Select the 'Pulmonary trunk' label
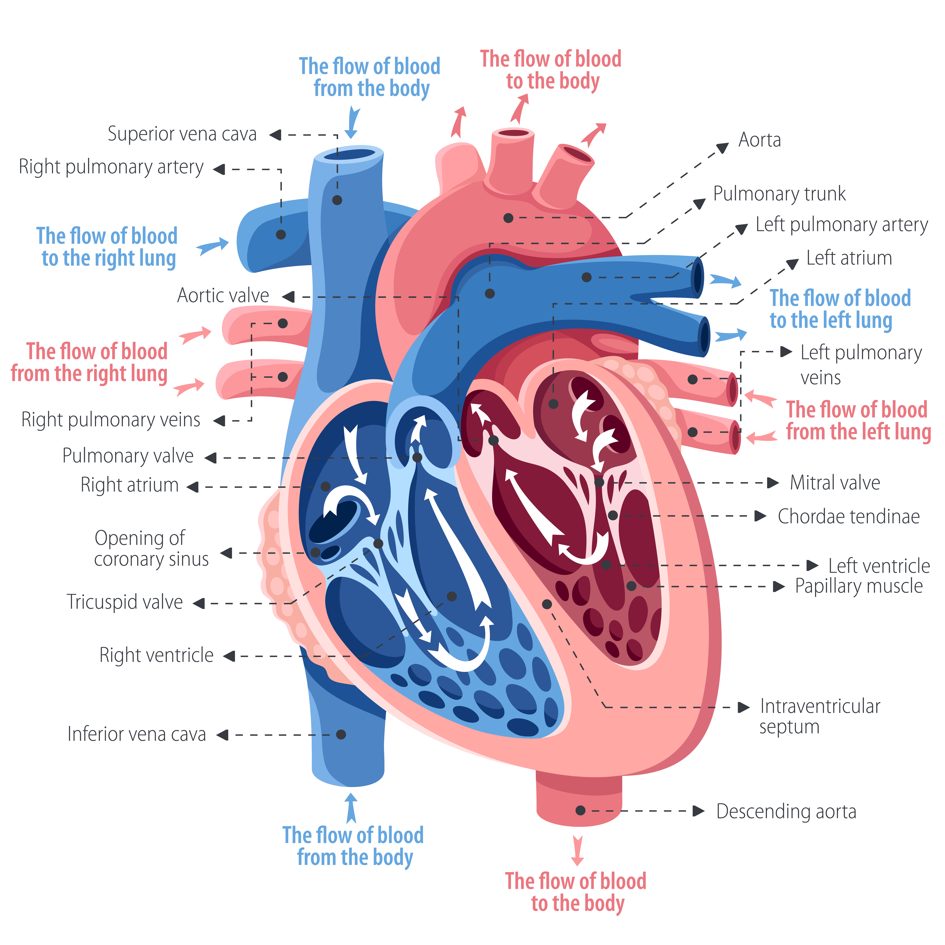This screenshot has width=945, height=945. (x=779, y=194)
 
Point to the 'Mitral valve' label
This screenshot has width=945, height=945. (x=834, y=483)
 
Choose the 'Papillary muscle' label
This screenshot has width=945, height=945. (x=858, y=586)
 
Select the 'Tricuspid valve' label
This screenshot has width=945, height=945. (x=125, y=602)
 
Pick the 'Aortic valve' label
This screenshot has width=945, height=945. (x=223, y=295)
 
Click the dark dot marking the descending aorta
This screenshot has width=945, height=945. (x=581, y=810)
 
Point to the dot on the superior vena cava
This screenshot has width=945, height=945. (x=337, y=200)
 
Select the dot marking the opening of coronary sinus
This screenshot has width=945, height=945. (x=316, y=553)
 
